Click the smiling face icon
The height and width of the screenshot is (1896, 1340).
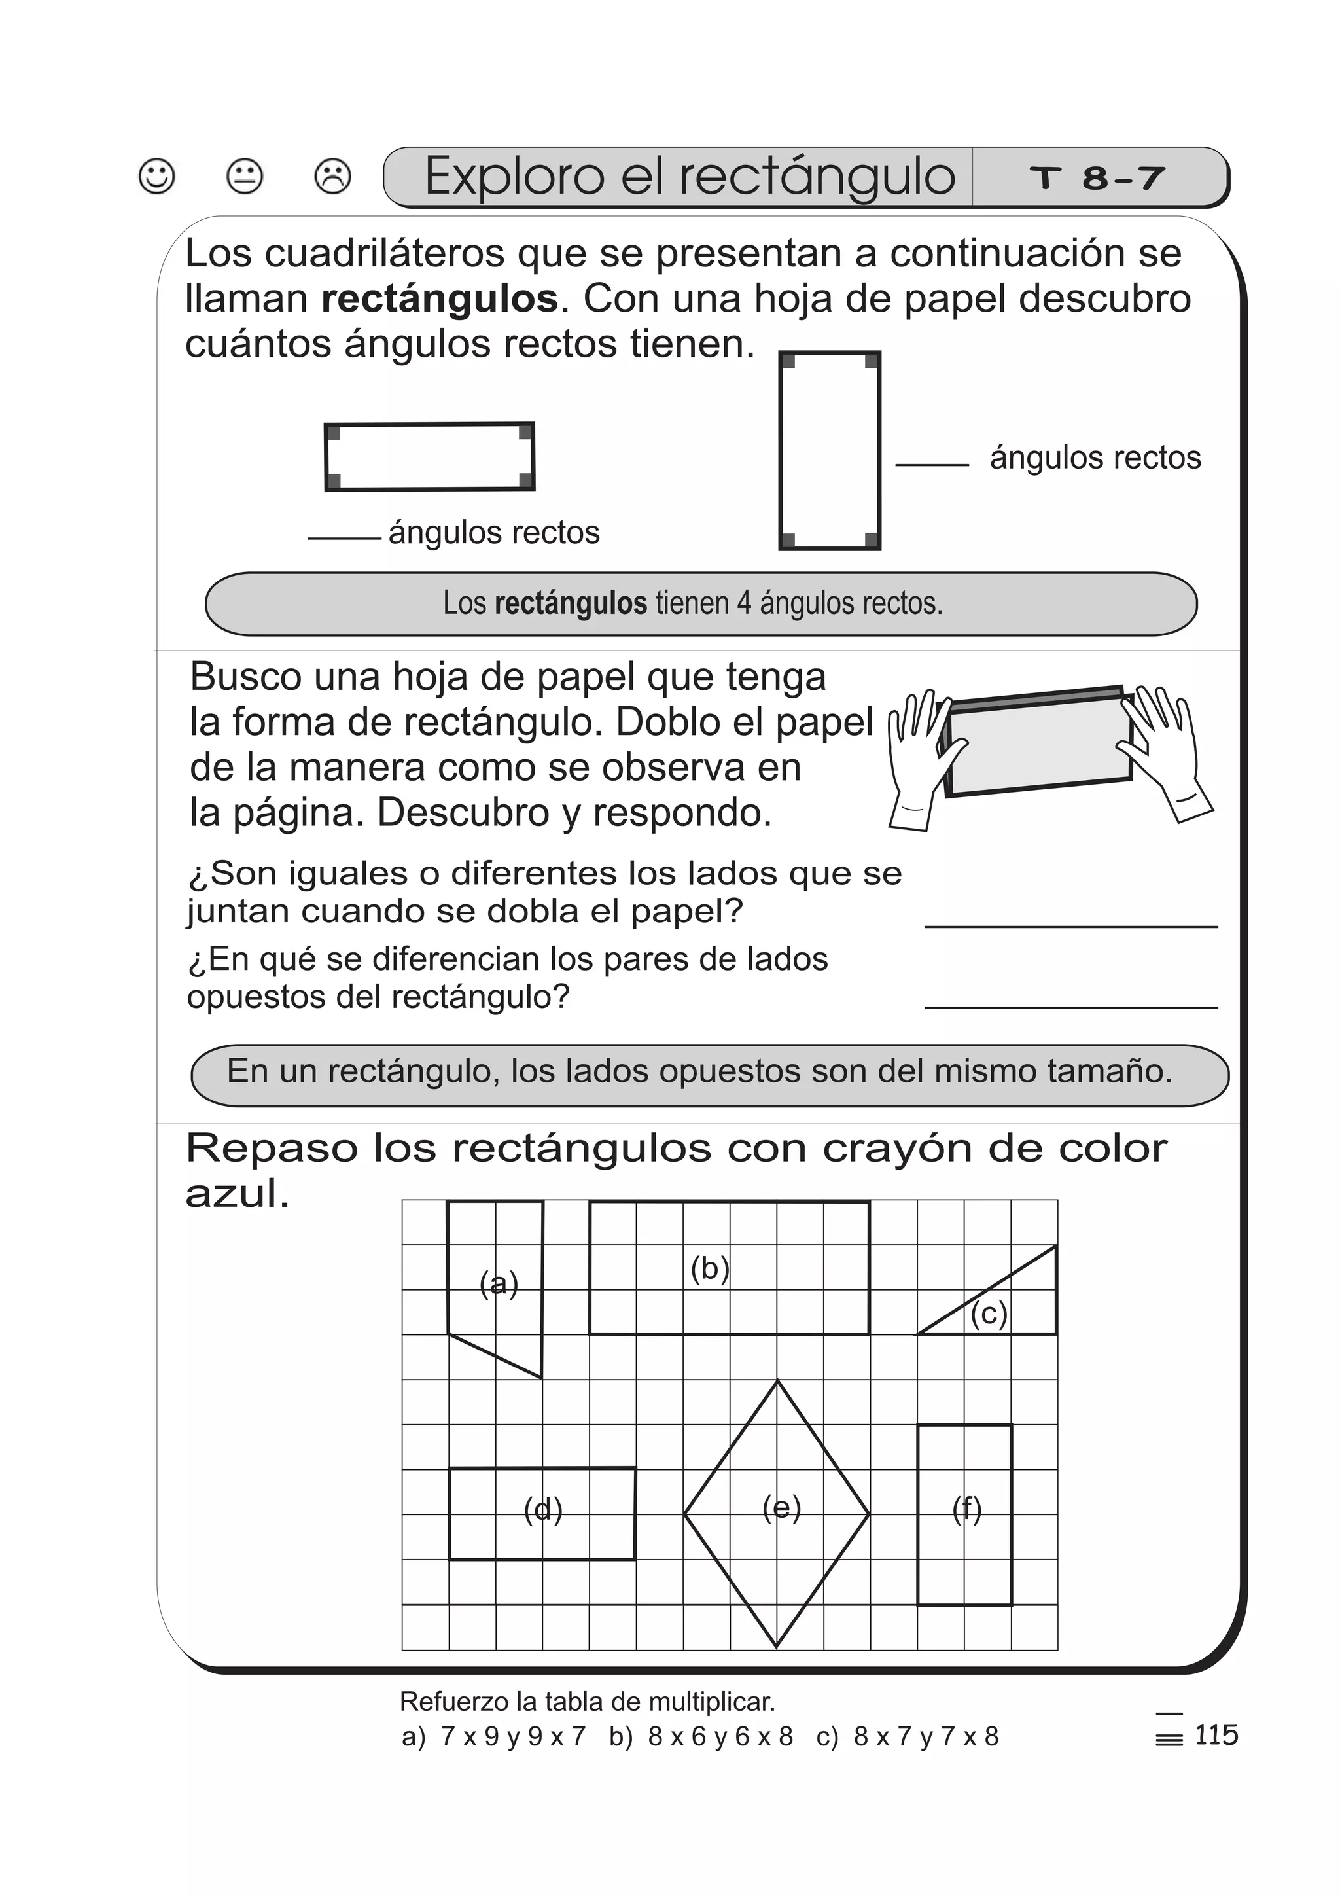(157, 176)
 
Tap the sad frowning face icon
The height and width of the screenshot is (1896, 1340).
(333, 176)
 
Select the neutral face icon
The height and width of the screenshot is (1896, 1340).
(245, 176)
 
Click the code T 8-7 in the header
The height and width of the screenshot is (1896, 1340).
(1097, 177)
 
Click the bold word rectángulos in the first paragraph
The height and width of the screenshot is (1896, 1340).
(439, 299)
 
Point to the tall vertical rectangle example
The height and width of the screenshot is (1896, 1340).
(830, 450)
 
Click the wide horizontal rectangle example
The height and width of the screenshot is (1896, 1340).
(429, 457)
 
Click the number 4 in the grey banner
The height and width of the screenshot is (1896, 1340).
(744, 603)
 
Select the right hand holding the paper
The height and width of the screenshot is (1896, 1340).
(1164, 747)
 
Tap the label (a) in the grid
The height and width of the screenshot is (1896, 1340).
(499, 1284)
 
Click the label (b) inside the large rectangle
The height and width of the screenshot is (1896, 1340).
(710, 1268)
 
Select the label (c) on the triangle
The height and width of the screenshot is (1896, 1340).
(988, 1313)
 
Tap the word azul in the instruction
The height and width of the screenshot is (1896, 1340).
(237, 1194)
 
